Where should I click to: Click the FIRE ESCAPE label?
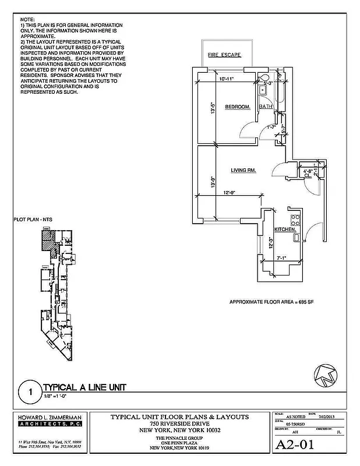click(x=224, y=55)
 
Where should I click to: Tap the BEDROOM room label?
click(x=238, y=107)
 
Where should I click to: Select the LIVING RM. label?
click(x=245, y=170)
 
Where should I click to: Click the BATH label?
click(x=266, y=107)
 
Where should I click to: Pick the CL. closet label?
click(x=307, y=177)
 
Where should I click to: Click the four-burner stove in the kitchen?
click(x=295, y=220)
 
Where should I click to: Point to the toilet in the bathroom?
click(x=264, y=77)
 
